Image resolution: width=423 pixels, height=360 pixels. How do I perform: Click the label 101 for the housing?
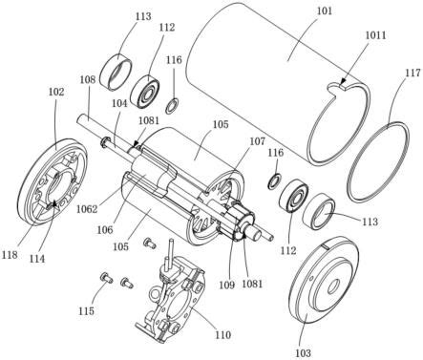click(325, 11)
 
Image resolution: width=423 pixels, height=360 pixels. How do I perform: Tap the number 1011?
click(375, 35)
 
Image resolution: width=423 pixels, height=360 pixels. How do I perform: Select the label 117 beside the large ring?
click(412, 73)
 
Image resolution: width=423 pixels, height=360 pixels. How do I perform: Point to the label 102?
click(56, 92)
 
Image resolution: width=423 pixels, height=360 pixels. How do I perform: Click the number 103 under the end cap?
click(303, 352)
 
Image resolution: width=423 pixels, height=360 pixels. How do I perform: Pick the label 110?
click(222, 334)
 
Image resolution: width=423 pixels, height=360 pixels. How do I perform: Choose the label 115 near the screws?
click(87, 310)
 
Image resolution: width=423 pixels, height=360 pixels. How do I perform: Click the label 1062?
click(87, 209)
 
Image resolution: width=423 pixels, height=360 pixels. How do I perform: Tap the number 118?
click(10, 255)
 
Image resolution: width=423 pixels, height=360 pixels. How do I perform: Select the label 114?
click(37, 259)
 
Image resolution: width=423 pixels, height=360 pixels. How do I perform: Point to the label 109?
click(226, 285)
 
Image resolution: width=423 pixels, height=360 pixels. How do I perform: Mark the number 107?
click(257, 140)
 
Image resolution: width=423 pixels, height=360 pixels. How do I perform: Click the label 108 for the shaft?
click(88, 79)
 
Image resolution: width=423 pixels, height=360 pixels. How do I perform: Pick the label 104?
click(119, 103)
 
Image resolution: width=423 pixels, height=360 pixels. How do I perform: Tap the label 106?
click(105, 229)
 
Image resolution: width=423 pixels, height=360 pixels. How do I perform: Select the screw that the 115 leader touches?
click(107, 278)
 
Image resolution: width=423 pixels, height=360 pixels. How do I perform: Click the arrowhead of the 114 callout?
click(54, 203)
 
